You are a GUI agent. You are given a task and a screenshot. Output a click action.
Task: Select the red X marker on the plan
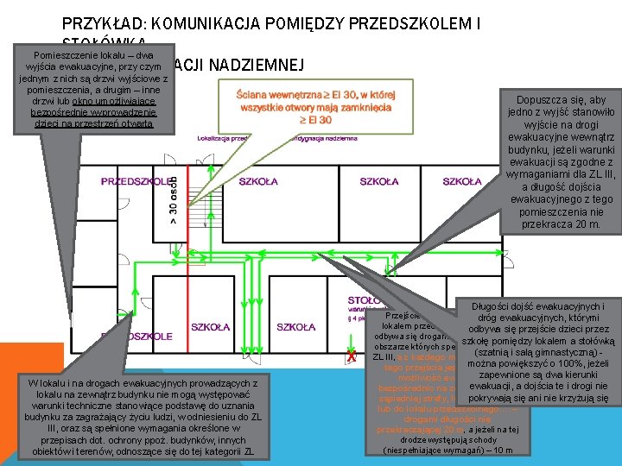pyautogui.click(x=351, y=356)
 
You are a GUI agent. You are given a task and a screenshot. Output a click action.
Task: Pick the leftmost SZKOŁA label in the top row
pyautogui.click(x=258, y=181)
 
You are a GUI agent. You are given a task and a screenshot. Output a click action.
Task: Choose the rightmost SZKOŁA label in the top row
pyautogui.click(x=462, y=181)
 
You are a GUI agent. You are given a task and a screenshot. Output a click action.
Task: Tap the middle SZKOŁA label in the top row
pyautogui.click(x=379, y=181)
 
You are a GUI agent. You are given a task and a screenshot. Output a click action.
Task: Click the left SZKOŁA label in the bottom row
pyautogui.click(x=211, y=327)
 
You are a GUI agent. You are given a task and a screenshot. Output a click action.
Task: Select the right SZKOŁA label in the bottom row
pyautogui.click(x=296, y=327)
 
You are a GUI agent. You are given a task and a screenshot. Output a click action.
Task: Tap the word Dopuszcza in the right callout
pyautogui.click(x=536, y=100)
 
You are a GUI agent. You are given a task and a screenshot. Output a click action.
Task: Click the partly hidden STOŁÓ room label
pyautogui.click(x=363, y=299)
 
